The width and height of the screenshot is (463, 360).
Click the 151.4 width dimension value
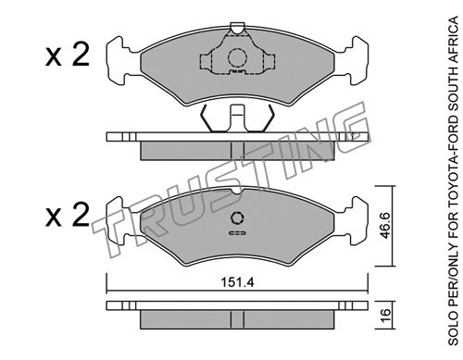click(237, 282)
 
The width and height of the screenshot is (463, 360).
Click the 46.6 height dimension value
click(385, 226)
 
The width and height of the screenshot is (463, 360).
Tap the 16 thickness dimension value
click(385, 316)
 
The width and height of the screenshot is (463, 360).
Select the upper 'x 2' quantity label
click(68, 55)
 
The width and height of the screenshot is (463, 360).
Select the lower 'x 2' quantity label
click(68, 215)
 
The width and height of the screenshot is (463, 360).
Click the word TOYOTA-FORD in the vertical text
click(453, 161)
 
